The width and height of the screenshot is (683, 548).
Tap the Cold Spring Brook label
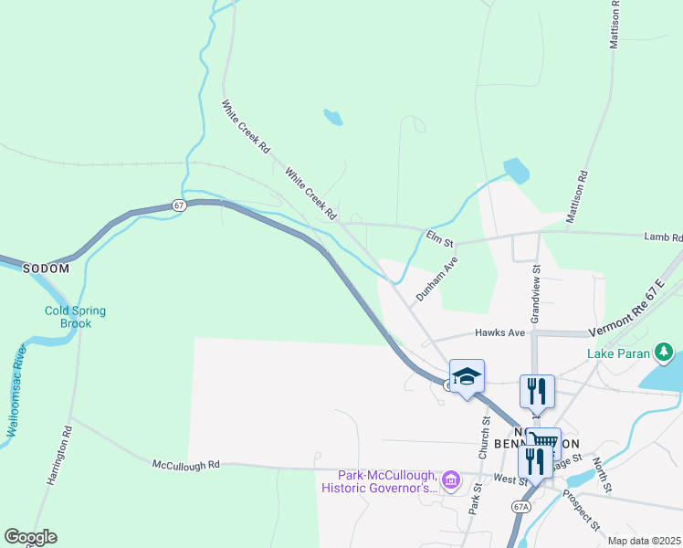(x=75, y=317)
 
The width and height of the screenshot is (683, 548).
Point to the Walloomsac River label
(x=14, y=390)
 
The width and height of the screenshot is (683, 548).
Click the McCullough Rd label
(x=187, y=465)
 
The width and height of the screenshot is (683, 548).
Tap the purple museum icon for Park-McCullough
(x=450, y=479)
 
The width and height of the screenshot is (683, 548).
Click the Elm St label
(x=440, y=237)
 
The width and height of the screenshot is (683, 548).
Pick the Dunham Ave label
(x=436, y=279)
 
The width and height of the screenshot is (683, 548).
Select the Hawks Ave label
(x=496, y=333)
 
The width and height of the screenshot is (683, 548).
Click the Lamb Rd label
(x=663, y=237)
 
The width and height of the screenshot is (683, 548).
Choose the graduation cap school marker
(x=467, y=376)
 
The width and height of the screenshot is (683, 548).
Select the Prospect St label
(x=580, y=511)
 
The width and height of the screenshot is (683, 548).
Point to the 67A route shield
(x=521, y=505)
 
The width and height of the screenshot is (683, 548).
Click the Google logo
(x=30, y=538)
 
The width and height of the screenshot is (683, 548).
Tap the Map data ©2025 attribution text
(x=643, y=541)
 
